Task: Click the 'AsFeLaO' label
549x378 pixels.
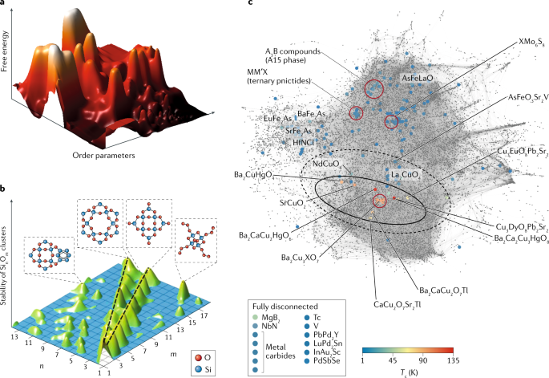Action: [422, 79]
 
